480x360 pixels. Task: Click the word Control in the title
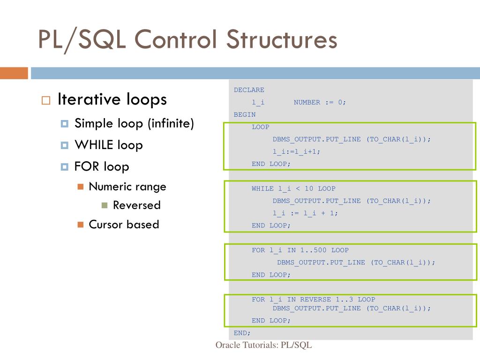[x=176, y=39]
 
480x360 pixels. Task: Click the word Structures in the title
[x=282, y=39]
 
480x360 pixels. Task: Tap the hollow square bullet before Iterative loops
[x=45, y=101]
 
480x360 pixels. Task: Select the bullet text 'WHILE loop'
[x=108, y=145]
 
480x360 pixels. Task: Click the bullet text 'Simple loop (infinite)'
[x=134, y=124]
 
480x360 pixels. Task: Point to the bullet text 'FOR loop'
[x=102, y=166]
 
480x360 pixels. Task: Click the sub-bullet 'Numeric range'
[x=127, y=187]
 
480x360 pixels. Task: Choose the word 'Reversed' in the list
[x=136, y=205]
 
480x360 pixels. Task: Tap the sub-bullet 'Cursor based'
[x=124, y=225]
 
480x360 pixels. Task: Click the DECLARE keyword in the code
[x=249, y=90]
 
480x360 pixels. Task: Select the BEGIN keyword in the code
[x=245, y=114]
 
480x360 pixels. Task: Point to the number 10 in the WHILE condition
[x=309, y=188]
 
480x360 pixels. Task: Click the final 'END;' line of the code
[x=242, y=333]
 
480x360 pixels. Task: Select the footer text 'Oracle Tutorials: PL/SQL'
[x=263, y=345]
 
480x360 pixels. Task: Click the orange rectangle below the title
[x=14, y=73]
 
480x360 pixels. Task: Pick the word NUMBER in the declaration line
[x=307, y=102]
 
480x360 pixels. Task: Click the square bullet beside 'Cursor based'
[x=80, y=225]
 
